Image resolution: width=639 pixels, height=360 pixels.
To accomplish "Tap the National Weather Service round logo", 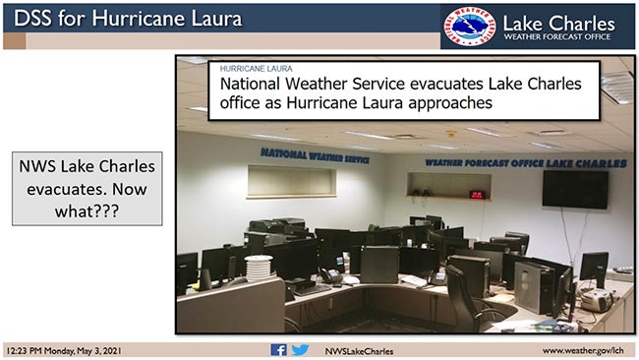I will click(x=468, y=27).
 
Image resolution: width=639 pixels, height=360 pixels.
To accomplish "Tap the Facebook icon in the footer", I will click(x=278, y=350).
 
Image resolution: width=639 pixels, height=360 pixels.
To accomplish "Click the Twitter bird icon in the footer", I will click(x=300, y=350).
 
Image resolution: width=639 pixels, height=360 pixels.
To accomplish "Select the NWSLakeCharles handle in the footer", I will click(x=358, y=350).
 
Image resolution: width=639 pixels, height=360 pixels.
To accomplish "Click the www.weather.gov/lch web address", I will click(x=584, y=350).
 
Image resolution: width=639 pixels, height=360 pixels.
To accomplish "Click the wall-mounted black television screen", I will click(x=574, y=190).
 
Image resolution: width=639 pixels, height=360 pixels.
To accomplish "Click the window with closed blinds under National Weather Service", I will click(x=291, y=182).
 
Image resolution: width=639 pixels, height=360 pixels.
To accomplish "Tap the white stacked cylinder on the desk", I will click(x=258, y=269).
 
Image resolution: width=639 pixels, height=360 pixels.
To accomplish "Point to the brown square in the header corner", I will click(x=14, y=40).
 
